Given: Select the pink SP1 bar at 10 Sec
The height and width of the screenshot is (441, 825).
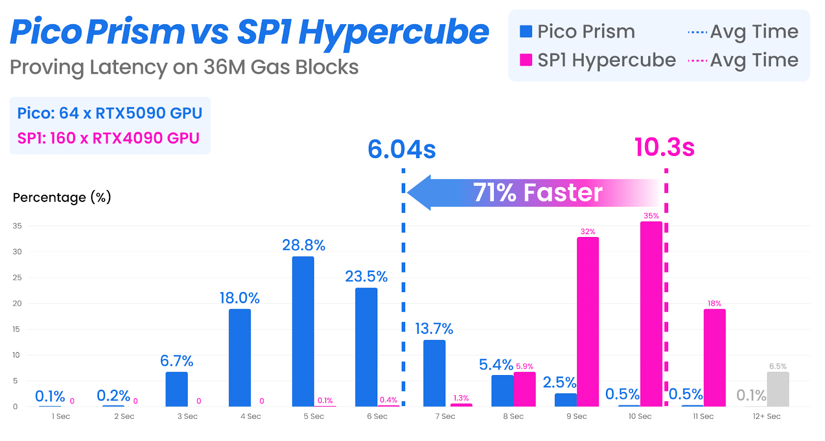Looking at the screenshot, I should click(x=651, y=314).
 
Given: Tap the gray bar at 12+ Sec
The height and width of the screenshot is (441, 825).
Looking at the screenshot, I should click(x=778, y=389).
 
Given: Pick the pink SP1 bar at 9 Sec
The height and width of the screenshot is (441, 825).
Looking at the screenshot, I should click(x=588, y=321).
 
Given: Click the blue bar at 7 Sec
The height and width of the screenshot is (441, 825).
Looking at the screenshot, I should click(x=434, y=373).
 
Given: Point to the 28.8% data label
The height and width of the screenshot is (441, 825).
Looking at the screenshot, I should click(x=303, y=245).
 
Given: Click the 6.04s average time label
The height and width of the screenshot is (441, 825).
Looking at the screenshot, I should click(x=402, y=150).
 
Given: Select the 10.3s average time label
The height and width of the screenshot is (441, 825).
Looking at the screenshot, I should click(x=665, y=147).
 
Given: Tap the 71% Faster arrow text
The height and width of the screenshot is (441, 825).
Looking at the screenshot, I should click(x=537, y=193).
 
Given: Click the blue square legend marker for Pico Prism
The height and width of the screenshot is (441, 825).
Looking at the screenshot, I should click(x=525, y=31).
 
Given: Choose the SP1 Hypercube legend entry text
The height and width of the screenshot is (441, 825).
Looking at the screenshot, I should click(x=606, y=60).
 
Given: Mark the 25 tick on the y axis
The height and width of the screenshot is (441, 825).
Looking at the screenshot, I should click(x=18, y=277).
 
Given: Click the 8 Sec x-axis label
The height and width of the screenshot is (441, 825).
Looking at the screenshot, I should click(x=513, y=416).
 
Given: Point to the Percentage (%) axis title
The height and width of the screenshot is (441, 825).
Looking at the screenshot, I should click(x=62, y=197).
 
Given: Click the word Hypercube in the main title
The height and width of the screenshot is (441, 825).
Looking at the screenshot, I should click(x=393, y=32).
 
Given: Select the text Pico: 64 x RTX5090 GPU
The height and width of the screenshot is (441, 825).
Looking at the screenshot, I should click(x=109, y=113).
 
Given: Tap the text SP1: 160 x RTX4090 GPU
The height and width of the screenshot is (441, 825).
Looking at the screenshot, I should click(x=108, y=138).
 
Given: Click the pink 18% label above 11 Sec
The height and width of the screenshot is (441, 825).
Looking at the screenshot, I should click(x=714, y=303).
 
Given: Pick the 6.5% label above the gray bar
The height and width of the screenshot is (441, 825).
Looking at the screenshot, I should click(x=778, y=366).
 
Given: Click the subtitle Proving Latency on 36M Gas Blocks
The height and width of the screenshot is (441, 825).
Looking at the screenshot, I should click(x=184, y=67).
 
